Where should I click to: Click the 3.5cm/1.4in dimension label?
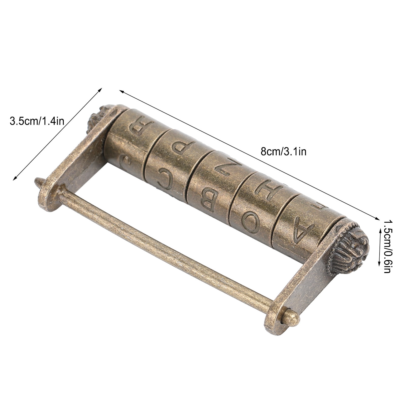point(37,121)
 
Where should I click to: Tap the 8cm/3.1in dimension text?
point(283,152)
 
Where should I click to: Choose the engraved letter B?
point(209,201)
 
